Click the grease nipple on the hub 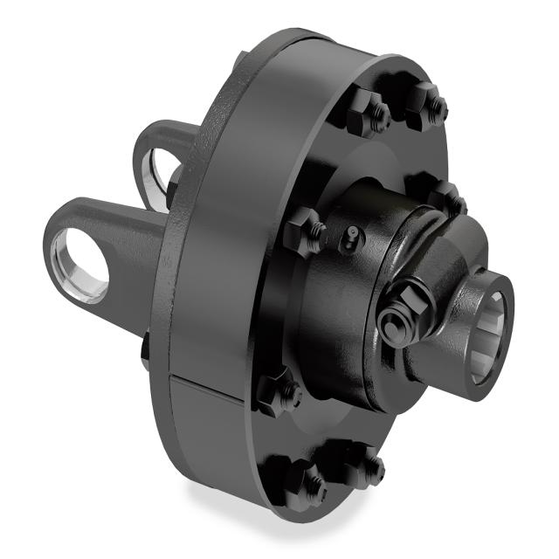click(x=350, y=234)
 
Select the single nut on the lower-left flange click(x=278, y=393)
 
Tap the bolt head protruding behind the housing click(x=145, y=349)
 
